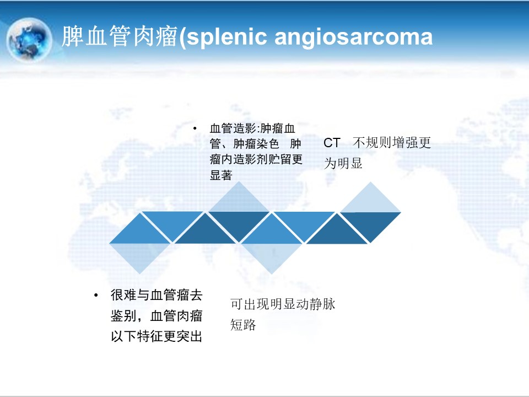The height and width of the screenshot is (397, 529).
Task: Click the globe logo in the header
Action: (x=29, y=40)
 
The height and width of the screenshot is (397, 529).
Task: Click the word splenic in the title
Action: (x=226, y=37)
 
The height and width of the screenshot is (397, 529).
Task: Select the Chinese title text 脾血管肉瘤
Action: (x=120, y=36)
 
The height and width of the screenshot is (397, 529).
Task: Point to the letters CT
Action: (x=332, y=143)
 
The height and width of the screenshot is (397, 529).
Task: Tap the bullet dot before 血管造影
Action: (x=195, y=128)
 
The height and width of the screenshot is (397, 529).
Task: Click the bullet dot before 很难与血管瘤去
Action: (x=96, y=296)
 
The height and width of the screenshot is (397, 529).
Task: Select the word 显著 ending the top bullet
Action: (x=221, y=175)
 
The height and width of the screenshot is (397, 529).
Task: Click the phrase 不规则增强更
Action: (x=392, y=143)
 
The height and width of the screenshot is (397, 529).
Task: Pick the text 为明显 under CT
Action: (x=343, y=163)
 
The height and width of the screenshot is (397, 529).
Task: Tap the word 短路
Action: (x=243, y=325)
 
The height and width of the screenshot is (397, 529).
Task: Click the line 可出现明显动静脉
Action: (x=283, y=304)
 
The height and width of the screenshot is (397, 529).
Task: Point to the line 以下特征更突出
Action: (x=156, y=336)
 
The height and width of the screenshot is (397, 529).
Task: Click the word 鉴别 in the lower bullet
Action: (x=123, y=316)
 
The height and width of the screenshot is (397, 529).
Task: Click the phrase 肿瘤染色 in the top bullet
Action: (x=256, y=144)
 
